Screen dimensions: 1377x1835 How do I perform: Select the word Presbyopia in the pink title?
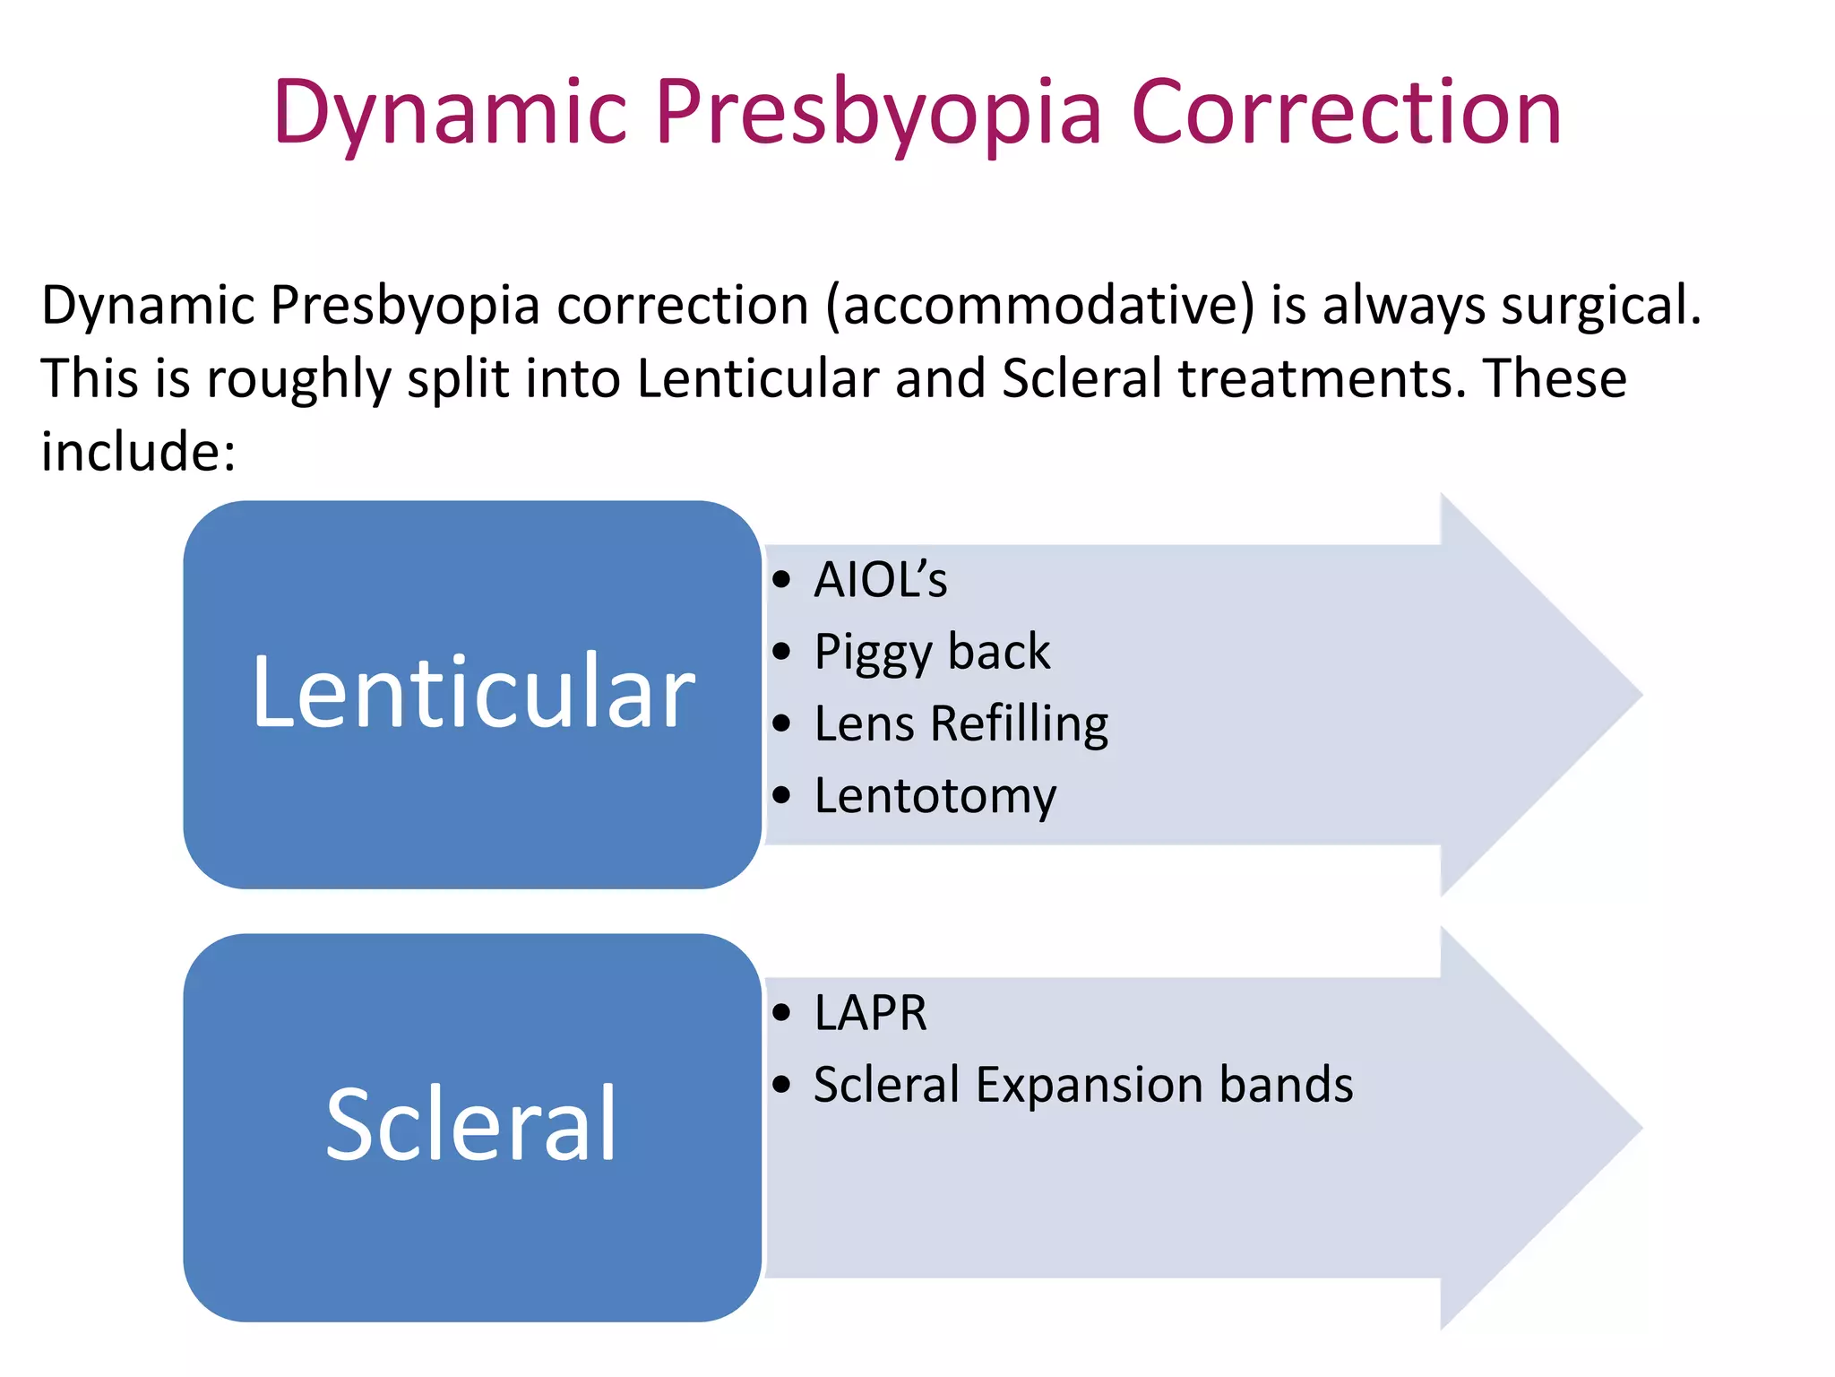878,115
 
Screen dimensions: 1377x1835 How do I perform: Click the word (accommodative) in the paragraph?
1039,306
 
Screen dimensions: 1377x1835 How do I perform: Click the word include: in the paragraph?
139,451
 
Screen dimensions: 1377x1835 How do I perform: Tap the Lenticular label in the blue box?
473,692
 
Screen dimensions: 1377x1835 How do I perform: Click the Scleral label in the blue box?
471,1125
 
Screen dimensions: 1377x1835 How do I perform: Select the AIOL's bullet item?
880,579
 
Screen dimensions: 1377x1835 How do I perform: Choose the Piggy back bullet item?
931,652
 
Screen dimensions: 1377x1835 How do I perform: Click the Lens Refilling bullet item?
961,723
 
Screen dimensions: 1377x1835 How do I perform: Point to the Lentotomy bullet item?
935,796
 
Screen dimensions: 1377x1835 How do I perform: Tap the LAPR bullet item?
870,1013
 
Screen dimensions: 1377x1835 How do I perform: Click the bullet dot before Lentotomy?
782,795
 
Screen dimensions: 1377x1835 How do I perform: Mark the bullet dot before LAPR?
782,1013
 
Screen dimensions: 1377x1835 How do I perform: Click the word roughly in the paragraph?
299,378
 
